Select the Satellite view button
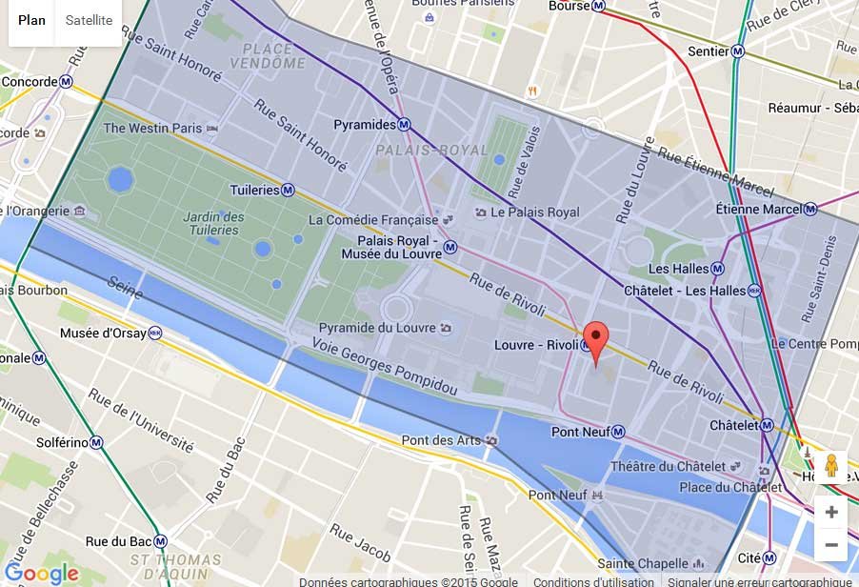pyautogui.click(x=89, y=21)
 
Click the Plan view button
pyautogui.click(x=31, y=21)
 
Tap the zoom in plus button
pyautogui.click(x=830, y=512)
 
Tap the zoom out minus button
pyautogui.click(x=830, y=545)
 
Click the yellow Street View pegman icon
pyautogui.click(x=830, y=466)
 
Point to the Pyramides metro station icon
pyautogui.click(x=404, y=125)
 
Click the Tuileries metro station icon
pyautogui.click(x=288, y=190)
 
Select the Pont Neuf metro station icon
pyautogui.click(x=618, y=432)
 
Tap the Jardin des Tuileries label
pyautogui.click(x=212, y=223)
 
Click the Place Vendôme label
pyautogui.click(x=268, y=55)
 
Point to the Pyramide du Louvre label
pyautogui.click(x=377, y=328)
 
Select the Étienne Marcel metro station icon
pyautogui.click(x=809, y=209)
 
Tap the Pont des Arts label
pyautogui.click(x=440, y=440)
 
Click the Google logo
pyautogui.click(x=41, y=573)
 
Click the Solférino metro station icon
pyautogui.click(x=96, y=442)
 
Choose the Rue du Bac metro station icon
pyautogui.click(x=161, y=541)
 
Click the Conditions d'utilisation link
pyautogui.click(x=593, y=581)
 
